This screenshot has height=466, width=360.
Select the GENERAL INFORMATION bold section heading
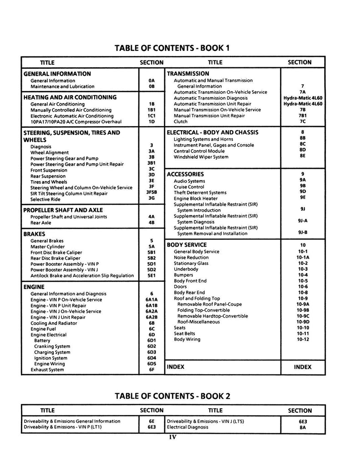[x=57, y=74]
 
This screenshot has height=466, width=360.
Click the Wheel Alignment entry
[x=50, y=152]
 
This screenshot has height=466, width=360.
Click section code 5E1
[x=152, y=275]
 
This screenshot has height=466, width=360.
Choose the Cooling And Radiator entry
[x=54, y=323]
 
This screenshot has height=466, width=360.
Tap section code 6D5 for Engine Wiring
[x=152, y=364]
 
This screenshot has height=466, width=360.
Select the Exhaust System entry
[x=47, y=370]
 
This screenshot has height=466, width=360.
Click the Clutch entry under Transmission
[x=181, y=122]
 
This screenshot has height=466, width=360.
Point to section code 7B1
[x=303, y=116]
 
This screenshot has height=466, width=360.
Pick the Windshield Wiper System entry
[x=201, y=157]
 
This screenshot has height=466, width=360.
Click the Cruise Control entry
[x=189, y=187]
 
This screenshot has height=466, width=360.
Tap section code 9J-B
[x=303, y=233]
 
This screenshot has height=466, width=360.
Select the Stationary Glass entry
[x=191, y=263]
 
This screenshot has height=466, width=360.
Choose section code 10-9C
[x=303, y=316]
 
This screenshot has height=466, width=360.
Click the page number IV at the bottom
[x=172, y=437]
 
